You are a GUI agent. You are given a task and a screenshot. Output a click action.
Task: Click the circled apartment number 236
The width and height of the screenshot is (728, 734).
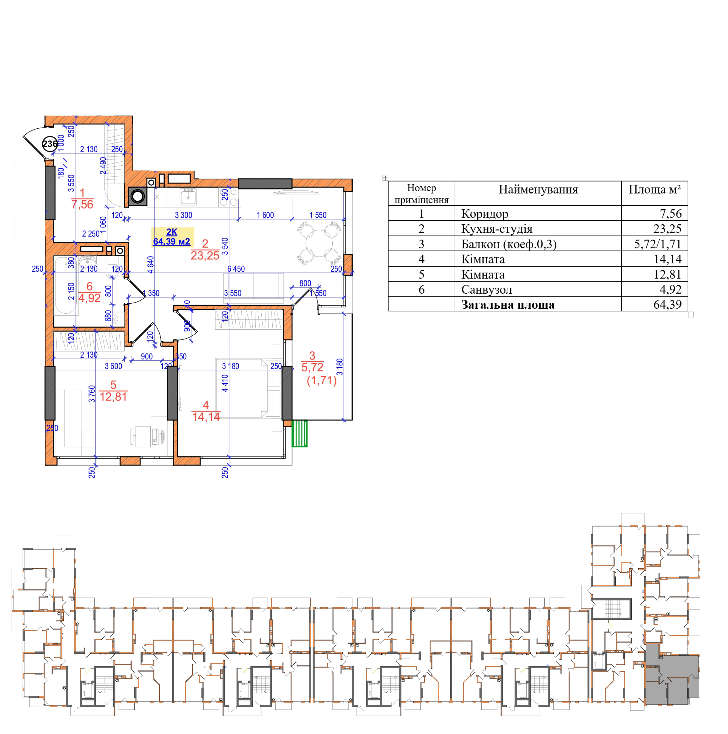[50, 144]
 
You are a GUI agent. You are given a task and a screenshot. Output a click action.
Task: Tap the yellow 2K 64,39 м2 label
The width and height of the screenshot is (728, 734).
[172, 237]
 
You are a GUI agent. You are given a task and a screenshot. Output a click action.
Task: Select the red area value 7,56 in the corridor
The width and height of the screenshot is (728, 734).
[82, 205]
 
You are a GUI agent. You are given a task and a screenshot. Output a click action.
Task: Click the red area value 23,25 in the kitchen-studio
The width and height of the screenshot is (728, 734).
[205, 256]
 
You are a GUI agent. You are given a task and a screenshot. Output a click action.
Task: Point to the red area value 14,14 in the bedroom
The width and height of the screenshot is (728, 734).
[206, 417]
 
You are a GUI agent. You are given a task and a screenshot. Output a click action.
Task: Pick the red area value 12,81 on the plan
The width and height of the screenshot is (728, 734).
[113, 396]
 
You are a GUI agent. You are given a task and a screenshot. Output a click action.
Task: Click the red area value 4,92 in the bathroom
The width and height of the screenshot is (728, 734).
[90, 298]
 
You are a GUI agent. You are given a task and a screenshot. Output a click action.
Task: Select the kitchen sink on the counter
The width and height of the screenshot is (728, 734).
[189, 197]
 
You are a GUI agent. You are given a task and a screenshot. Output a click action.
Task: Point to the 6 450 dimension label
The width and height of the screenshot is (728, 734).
[236, 269]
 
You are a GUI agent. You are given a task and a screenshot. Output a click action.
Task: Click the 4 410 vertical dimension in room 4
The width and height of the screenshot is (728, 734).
[225, 383]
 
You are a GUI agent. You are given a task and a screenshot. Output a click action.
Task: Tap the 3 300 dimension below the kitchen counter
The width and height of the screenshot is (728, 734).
[184, 215]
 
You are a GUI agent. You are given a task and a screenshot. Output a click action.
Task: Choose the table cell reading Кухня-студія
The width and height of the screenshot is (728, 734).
[496, 229]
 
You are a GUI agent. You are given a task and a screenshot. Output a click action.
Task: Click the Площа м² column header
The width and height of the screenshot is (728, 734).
[654, 189]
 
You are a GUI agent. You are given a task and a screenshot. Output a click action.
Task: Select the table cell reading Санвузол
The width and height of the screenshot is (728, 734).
[487, 290]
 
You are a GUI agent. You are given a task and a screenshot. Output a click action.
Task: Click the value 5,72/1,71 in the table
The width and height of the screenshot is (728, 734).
[657, 244]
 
